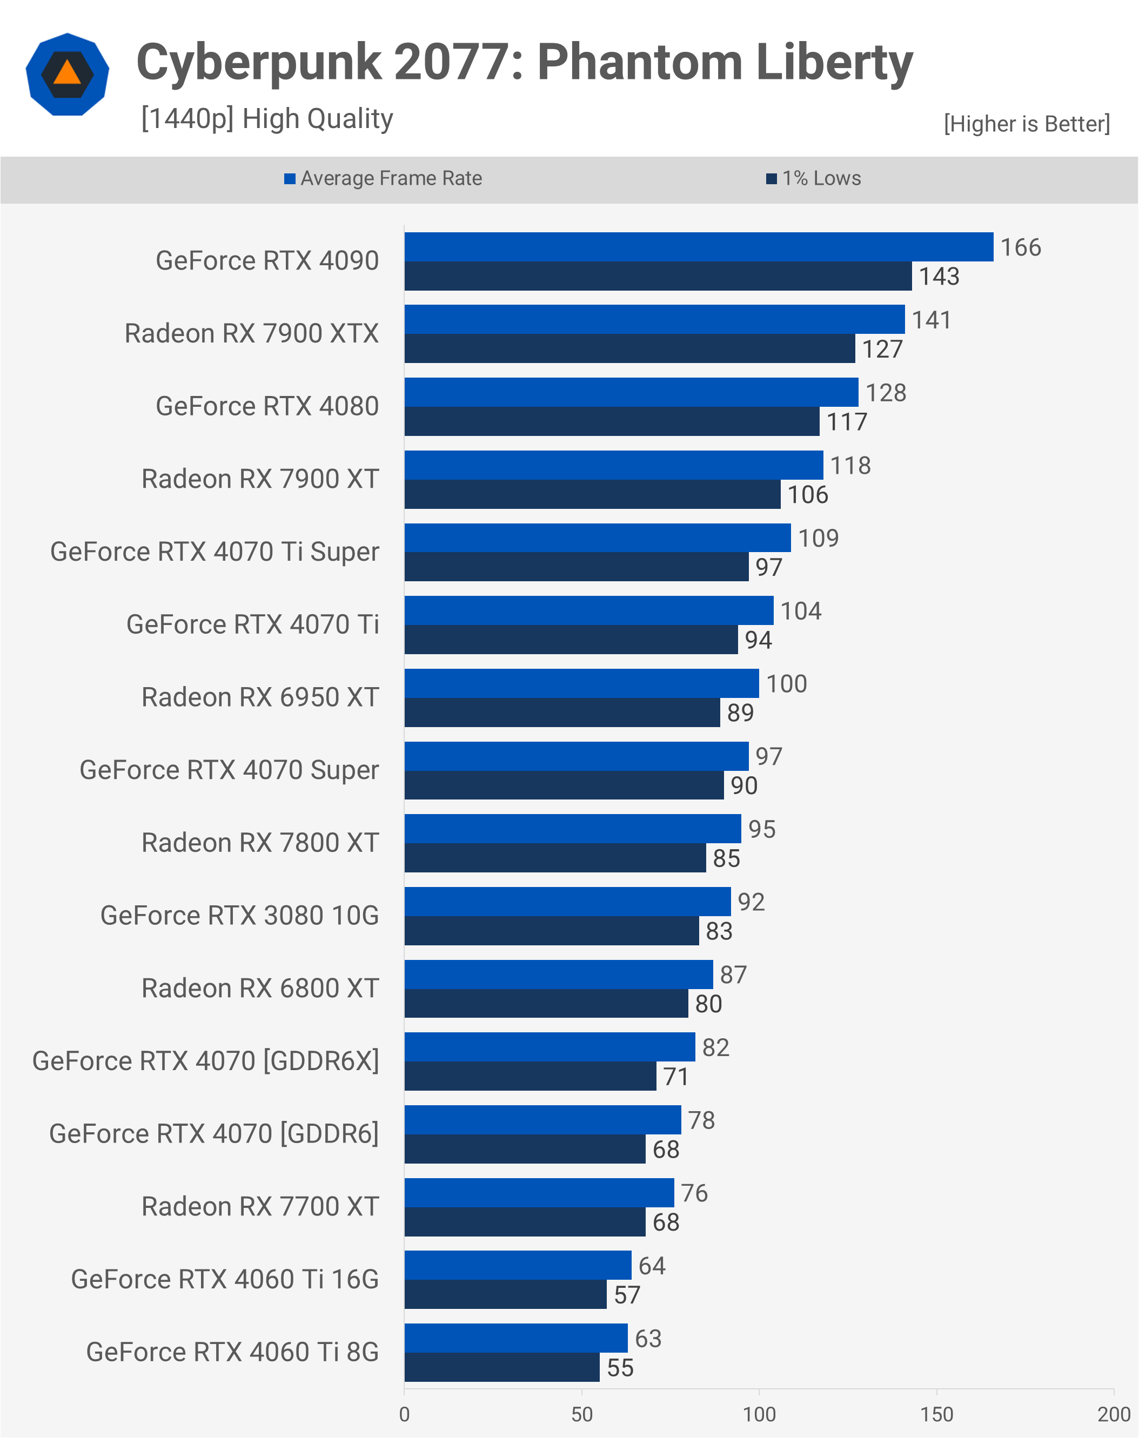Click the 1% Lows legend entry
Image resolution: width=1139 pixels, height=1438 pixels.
814,178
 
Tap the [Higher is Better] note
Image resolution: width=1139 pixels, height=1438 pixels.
1026,124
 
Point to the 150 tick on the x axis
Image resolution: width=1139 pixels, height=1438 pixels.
936,1414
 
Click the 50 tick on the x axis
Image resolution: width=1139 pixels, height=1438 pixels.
581,1414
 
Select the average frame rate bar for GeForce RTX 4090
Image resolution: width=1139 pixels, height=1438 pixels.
698,247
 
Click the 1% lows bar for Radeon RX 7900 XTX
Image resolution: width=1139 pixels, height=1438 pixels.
629,348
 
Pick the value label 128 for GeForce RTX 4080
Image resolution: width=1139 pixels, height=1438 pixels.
886,393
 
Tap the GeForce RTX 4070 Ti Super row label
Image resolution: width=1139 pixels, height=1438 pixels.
214,552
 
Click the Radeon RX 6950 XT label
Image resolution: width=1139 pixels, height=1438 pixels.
260,697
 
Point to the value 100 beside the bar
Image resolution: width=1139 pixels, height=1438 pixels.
786,684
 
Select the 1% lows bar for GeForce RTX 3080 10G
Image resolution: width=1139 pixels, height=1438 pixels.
552,931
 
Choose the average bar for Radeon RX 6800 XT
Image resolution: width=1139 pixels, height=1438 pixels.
558,975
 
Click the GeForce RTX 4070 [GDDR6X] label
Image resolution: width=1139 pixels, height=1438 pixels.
205,1061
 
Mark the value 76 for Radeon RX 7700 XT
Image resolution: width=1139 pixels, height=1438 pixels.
694,1193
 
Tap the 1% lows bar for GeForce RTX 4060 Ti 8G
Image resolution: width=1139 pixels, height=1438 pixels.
501,1367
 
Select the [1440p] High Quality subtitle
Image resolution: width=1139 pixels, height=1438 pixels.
267,119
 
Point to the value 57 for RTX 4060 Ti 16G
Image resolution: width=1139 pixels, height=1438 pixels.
627,1295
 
